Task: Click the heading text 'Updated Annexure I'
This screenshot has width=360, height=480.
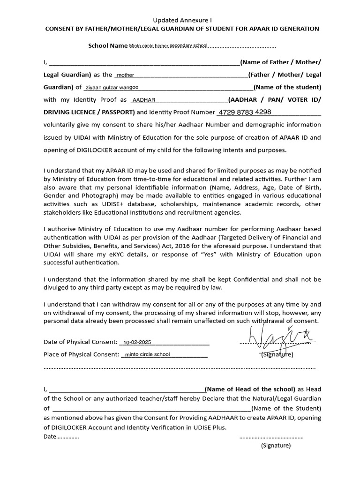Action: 183,20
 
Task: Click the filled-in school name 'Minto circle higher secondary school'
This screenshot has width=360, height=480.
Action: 168,46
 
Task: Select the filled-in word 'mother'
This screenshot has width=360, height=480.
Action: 125,75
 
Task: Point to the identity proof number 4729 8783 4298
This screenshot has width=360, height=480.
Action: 245,112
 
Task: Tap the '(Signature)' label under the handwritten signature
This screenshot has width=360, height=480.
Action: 277,354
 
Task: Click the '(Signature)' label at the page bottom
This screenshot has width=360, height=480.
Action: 276,446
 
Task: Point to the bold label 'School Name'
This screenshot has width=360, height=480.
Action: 108,46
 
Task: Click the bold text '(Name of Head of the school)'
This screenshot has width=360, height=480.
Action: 250,389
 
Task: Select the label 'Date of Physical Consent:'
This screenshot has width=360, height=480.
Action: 80,342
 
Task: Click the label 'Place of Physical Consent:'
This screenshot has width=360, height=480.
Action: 81,354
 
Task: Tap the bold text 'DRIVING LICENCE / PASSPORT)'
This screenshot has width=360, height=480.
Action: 89,112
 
